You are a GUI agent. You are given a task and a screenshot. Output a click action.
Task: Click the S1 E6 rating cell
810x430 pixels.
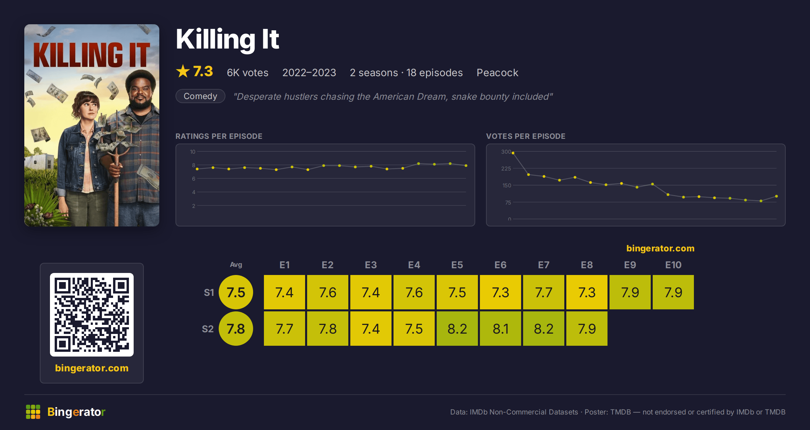click(501, 292)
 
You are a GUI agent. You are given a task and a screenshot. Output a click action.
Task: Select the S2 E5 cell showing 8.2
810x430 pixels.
click(457, 329)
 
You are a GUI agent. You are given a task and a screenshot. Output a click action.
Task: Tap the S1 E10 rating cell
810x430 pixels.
click(673, 292)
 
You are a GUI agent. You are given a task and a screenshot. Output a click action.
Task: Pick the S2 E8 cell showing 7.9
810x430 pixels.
click(587, 329)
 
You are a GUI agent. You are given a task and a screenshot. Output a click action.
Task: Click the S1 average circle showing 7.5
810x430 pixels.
click(236, 292)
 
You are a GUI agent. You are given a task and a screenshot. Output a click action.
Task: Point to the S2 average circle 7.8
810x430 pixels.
click(236, 329)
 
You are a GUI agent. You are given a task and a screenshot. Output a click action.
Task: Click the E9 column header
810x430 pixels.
click(630, 265)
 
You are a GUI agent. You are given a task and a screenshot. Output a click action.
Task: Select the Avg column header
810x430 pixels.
click(236, 265)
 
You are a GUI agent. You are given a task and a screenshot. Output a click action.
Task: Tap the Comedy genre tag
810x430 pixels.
click(200, 96)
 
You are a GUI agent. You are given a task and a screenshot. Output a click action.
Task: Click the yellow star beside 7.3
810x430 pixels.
click(183, 71)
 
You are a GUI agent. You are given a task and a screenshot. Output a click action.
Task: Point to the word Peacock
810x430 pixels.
click(497, 72)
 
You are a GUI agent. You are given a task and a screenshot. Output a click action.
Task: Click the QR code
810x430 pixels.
click(92, 315)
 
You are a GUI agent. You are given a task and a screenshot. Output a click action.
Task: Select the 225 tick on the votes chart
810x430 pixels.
click(506, 168)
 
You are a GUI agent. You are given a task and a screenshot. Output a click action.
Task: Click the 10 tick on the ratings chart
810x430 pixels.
click(192, 152)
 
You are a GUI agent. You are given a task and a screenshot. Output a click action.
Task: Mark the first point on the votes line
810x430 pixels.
click(513, 153)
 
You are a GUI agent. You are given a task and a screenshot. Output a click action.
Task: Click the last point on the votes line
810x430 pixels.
click(777, 196)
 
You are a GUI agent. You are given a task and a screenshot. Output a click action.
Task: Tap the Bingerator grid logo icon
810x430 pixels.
click(33, 412)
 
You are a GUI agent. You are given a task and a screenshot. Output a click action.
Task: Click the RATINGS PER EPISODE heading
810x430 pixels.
click(219, 136)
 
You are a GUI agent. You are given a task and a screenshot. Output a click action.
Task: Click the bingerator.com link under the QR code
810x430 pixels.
click(92, 368)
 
